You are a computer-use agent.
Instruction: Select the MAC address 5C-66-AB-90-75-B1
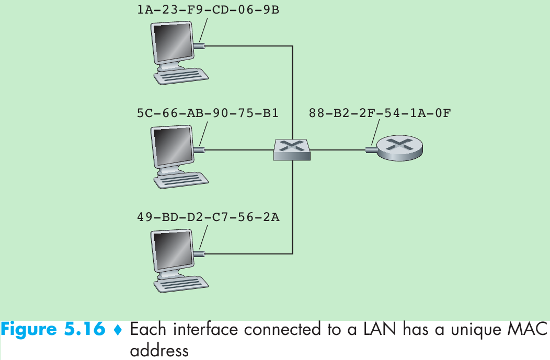[208, 113]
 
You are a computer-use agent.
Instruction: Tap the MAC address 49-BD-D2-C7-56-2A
[208, 216]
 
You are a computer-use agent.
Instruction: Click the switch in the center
[292, 149]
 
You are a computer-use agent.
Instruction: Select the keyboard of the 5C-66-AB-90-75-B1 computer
[181, 179]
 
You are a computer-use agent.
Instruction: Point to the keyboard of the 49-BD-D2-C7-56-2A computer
[181, 283]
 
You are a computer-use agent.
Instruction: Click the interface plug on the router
[372, 150]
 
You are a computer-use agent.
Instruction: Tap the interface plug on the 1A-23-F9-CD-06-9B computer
[199, 46]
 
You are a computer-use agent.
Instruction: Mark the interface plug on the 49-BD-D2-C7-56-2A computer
[199, 254]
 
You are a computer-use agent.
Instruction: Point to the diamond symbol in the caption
[117, 330]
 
